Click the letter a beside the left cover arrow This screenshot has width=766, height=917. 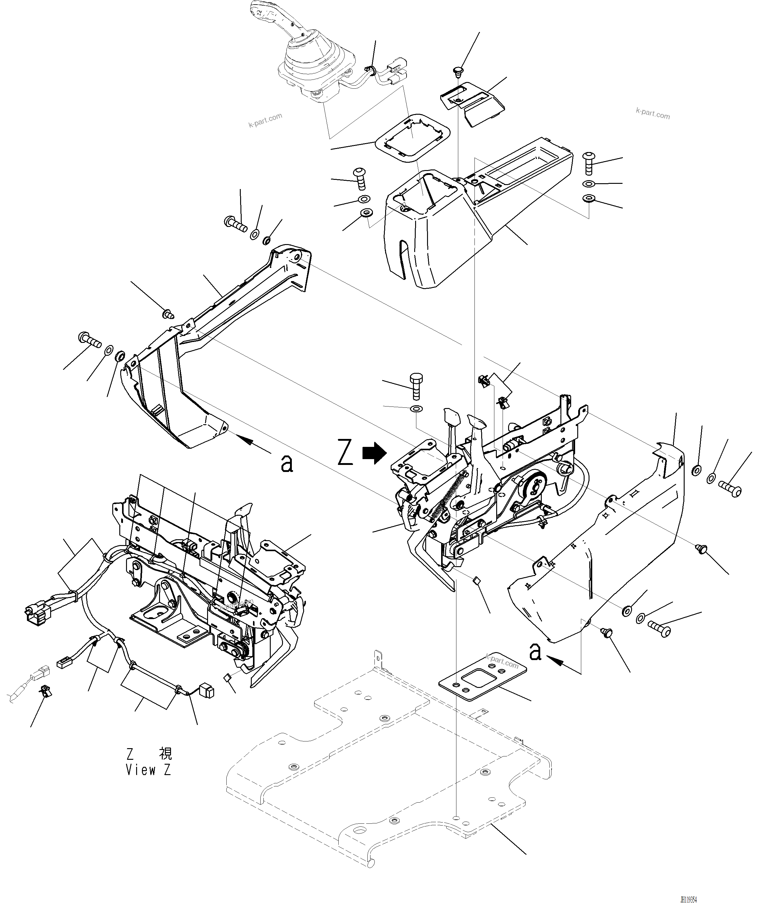click(287, 464)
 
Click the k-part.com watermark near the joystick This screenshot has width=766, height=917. click(265, 120)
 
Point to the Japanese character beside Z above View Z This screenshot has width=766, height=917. click(165, 754)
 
